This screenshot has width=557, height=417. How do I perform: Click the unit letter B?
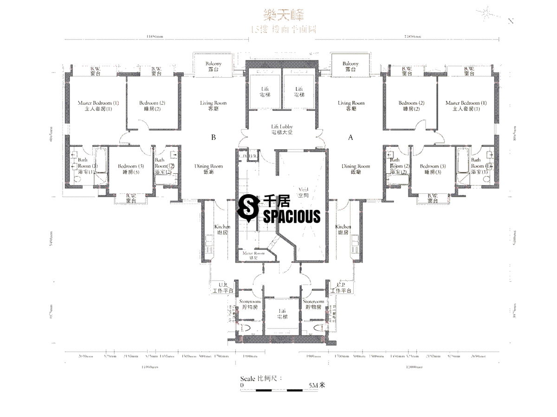click(214, 137)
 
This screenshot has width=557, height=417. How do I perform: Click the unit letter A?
click(351, 137)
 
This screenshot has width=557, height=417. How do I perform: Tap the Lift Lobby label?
click(282, 129)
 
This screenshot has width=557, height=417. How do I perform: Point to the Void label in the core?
click(304, 193)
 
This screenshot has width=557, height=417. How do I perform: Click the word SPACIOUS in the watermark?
click(292, 216)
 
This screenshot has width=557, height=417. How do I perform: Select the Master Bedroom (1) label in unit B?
click(98, 106)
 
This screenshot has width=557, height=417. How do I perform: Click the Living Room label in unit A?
click(351, 106)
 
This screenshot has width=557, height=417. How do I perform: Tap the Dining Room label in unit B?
click(209, 169)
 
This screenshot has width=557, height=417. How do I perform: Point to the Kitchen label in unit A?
click(343, 229)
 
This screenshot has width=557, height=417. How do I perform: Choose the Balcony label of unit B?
click(213, 66)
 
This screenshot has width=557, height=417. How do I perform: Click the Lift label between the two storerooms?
click(282, 314)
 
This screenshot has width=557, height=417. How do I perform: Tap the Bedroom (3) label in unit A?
click(432, 169)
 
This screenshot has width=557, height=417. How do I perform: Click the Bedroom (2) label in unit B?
click(152, 106)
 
